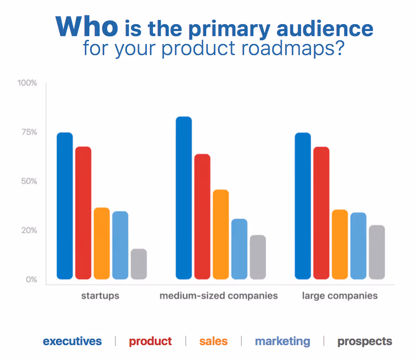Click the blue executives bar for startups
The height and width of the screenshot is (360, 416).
tap(65, 206)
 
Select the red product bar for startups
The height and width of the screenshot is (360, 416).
tap(83, 213)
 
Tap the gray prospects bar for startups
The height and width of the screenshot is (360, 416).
tap(139, 264)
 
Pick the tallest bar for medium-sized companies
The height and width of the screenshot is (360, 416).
tap(183, 198)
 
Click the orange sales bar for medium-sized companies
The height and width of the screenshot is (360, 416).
tap(221, 234)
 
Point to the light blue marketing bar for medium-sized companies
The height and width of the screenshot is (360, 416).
tap(239, 249)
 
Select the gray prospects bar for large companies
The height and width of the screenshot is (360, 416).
tap(377, 252)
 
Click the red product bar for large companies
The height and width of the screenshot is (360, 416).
tap(321, 213)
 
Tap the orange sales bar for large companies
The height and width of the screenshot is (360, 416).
tap(340, 244)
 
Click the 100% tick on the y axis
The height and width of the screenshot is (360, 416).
tap(27, 83)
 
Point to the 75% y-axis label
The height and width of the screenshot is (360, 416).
tap(27, 132)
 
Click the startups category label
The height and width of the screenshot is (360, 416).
tap(100, 295)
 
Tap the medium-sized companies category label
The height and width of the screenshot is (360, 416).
tap(219, 295)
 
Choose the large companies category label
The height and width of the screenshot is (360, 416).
tap(340, 295)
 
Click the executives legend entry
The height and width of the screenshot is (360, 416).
tap(72, 341)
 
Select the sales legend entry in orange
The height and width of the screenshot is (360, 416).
tap(214, 341)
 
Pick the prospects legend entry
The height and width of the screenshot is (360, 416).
tap(365, 341)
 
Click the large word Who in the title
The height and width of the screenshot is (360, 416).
tap(87, 26)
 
